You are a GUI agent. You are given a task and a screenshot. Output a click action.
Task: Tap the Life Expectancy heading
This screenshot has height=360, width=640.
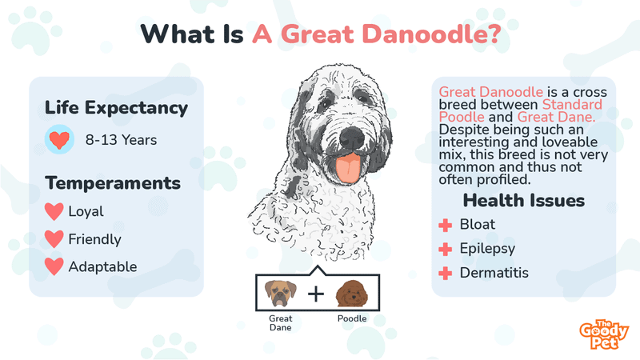click(x=116, y=107)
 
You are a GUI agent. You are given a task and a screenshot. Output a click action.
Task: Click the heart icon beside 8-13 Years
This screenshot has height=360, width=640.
click(x=58, y=140)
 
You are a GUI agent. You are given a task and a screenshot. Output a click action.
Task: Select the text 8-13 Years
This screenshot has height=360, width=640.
click(x=121, y=140)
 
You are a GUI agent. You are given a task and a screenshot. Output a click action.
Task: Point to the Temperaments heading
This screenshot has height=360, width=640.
click(x=113, y=183)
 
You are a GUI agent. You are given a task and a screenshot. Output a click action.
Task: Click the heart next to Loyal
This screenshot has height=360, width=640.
click(x=54, y=212)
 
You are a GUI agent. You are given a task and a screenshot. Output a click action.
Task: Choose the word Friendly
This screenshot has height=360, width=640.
click(x=94, y=239)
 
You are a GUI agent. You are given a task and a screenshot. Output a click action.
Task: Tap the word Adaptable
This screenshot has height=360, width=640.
click(x=103, y=266)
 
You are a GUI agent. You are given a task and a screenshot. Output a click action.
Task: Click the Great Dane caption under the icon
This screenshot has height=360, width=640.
click(x=280, y=323)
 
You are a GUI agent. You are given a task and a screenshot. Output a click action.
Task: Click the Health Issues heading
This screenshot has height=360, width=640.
click(x=524, y=200)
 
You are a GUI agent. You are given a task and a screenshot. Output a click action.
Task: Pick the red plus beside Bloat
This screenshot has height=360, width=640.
click(x=446, y=225)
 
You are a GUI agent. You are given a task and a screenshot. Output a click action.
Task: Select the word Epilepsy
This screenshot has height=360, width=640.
click(x=487, y=249)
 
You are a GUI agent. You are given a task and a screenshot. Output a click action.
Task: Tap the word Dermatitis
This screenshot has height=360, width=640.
click(x=494, y=273)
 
